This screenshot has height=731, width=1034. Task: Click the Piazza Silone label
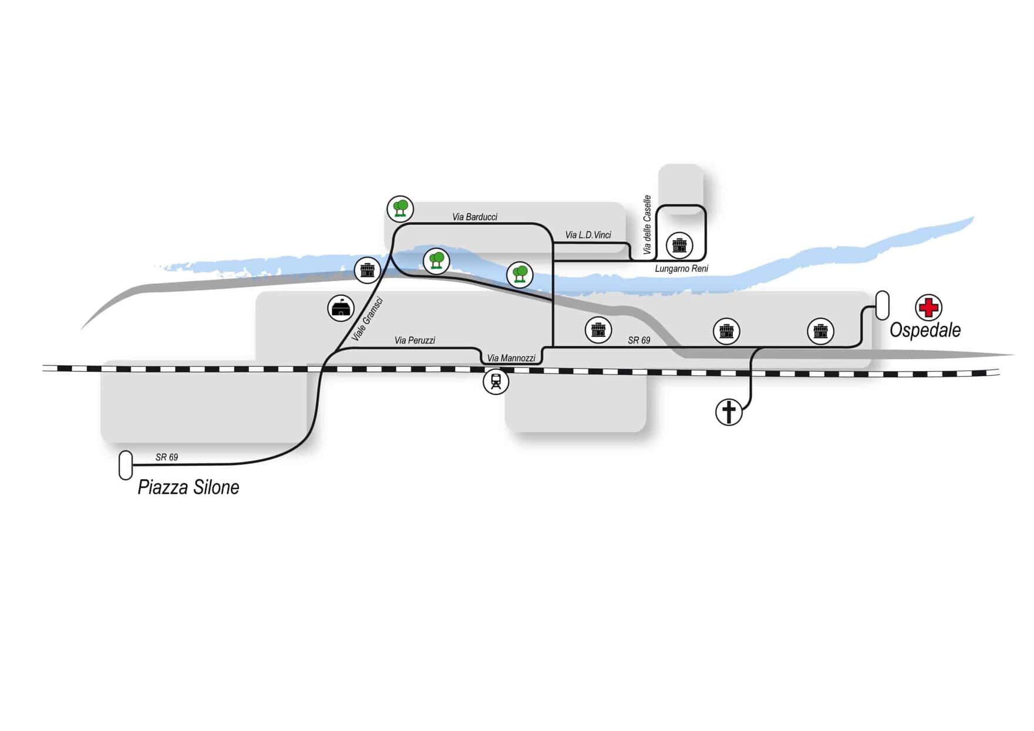coord(188,487)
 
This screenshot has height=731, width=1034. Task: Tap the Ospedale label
coord(925,330)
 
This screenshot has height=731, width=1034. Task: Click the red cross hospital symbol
coord(928,307)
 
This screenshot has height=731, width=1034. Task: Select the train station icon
coord(496,382)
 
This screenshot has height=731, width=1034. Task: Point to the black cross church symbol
coord(729,412)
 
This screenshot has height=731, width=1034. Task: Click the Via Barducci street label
coord(474,217)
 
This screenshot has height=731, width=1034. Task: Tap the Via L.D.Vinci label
coord(588,235)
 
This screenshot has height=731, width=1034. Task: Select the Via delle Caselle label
coord(647,225)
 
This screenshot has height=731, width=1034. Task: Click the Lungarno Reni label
coord(681,269)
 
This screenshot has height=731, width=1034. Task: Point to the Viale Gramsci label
coord(367,319)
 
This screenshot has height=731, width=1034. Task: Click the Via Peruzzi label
coord(415,341)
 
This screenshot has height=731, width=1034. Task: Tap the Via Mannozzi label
coord(511,358)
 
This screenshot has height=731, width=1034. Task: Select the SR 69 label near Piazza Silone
coord(167,457)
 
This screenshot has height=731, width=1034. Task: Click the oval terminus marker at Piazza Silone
coord(126,466)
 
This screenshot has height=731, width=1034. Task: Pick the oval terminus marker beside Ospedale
coord(882,305)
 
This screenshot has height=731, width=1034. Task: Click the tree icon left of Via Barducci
coord(400,208)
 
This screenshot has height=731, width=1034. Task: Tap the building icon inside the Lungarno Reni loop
coord(679,245)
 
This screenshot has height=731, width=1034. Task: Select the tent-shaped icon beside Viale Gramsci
coord(341,308)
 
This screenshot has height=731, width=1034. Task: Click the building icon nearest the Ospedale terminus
coord(820,332)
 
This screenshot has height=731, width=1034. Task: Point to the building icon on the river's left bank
coord(368,270)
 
